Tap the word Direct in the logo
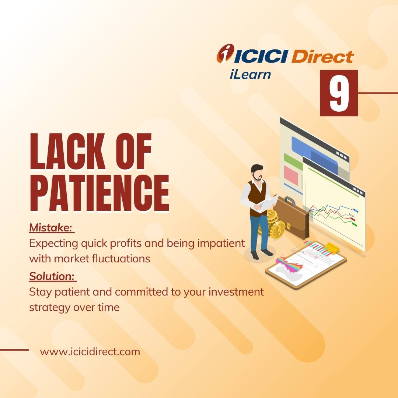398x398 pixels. (322, 57)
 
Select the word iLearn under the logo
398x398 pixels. (249, 74)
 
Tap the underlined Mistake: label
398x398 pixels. (51, 228)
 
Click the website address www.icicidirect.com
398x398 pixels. (90, 352)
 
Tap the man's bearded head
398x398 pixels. (257, 173)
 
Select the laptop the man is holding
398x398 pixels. (268, 204)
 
